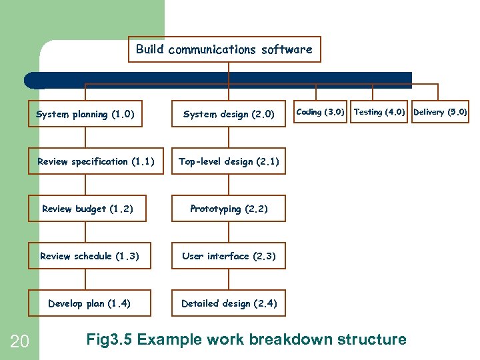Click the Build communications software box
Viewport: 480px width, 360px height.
click(x=224, y=49)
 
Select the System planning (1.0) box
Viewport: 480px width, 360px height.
click(x=85, y=114)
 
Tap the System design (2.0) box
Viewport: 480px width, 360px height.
click(x=229, y=114)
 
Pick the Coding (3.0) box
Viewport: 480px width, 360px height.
click(x=320, y=112)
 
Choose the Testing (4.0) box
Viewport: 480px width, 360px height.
click(x=379, y=112)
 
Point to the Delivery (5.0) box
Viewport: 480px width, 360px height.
click(x=440, y=112)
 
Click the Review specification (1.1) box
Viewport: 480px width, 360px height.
click(x=95, y=161)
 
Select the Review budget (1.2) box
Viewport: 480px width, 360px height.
click(x=87, y=209)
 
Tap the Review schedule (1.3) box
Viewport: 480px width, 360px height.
click(x=89, y=256)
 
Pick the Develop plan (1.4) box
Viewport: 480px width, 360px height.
click(x=89, y=303)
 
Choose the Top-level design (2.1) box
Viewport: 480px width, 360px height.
click(x=229, y=161)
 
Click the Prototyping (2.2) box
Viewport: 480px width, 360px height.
click(x=229, y=209)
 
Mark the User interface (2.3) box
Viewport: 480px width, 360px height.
click(x=229, y=256)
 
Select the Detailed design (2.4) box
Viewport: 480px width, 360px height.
click(x=229, y=303)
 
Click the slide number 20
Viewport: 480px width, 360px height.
click(x=19, y=342)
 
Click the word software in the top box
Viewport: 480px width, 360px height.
click(x=286, y=49)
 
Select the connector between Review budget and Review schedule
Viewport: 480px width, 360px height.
click(x=85, y=232)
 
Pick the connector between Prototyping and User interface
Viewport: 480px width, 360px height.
click(x=229, y=232)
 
